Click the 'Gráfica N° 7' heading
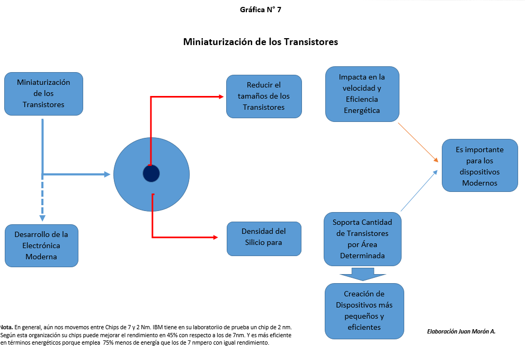tap(260, 10)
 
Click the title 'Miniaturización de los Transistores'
tap(260, 41)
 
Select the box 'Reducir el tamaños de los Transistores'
tap(264, 96)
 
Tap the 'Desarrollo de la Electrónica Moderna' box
tap(41, 245)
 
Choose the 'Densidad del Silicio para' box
tap(264, 237)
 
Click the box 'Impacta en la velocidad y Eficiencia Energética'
tap(362, 94)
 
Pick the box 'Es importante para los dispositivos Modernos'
tap(479, 166)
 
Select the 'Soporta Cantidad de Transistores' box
tap(363, 239)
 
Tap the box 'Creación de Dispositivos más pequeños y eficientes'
tap(364, 311)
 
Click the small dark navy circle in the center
tap(151, 173)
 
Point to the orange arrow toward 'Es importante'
tap(418, 142)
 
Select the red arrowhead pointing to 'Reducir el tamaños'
tap(221, 96)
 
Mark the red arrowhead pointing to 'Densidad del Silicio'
tap(215, 237)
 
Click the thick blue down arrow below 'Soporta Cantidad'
tap(363, 274)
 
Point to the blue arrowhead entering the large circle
tap(108, 174)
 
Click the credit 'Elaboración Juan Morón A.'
tap(460, 331)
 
